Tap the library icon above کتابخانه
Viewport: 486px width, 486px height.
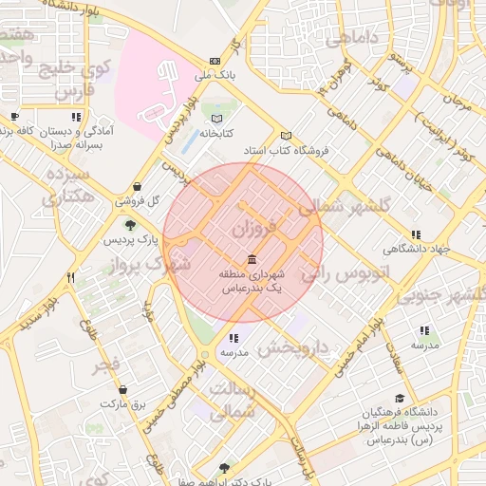coord(219,119)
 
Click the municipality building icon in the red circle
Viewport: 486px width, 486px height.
coord(251,259)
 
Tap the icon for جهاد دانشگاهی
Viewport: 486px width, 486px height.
coord(415,234)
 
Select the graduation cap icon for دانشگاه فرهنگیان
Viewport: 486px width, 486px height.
coord(400,399)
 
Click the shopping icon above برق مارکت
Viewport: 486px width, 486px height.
coord(122,389)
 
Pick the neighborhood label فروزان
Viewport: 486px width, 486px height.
coord(252,228)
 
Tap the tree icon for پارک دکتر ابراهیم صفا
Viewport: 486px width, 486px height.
coord(224,467)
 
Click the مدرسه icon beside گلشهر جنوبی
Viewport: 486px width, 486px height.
coord(424,330)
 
